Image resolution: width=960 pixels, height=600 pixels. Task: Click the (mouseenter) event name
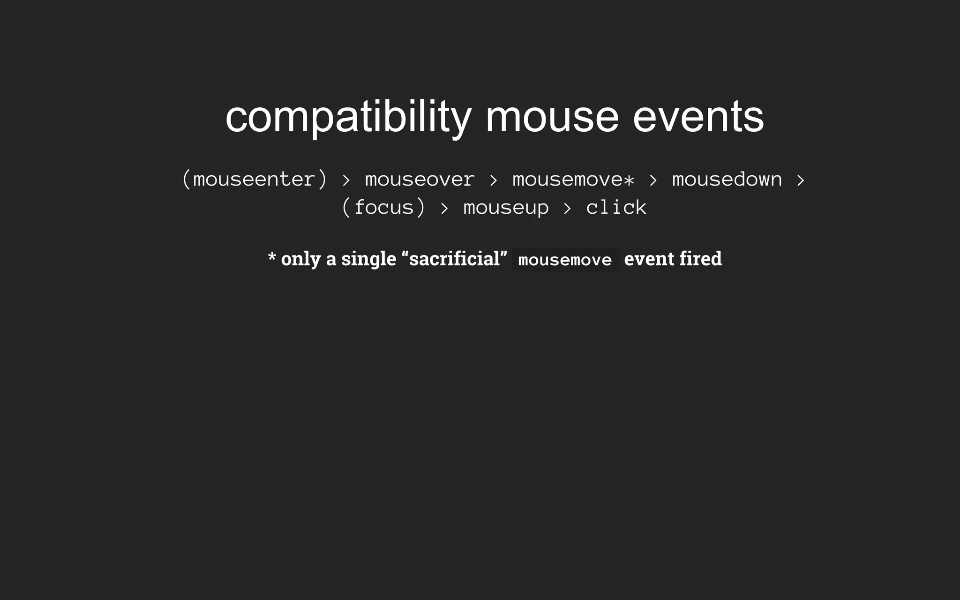254,180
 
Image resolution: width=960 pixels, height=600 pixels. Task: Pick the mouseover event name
420,180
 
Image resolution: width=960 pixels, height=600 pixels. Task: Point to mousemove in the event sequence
567,180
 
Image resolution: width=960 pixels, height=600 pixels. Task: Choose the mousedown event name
727,180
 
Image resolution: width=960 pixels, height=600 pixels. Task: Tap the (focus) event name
383,208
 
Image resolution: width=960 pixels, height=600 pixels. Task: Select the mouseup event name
506,208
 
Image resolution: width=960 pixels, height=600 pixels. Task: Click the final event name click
616,208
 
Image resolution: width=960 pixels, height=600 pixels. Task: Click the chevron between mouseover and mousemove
493,180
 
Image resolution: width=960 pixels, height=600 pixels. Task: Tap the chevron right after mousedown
801,180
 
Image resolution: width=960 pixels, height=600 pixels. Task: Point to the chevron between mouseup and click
567,208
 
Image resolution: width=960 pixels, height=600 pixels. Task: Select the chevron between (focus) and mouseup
444,208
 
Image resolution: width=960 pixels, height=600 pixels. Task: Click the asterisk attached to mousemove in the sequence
629,180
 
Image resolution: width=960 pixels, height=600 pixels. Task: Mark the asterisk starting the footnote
272,257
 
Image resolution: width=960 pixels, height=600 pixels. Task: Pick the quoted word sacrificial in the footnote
454,259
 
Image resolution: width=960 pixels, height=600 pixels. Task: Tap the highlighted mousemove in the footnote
565,260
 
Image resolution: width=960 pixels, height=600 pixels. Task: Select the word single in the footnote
368,259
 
